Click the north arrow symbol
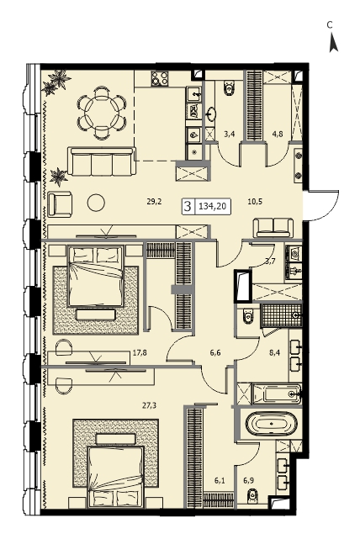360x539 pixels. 333,43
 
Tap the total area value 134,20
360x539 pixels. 212,207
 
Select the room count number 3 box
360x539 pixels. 188,207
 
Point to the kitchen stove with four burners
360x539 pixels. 160,79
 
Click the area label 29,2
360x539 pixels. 154,202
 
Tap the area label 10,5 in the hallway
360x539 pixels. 255,202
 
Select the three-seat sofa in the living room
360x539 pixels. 102,161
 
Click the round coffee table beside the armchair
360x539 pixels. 96,203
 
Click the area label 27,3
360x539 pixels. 149,405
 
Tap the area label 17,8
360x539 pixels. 140,351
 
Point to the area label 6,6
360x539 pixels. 214,351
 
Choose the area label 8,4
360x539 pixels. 273,351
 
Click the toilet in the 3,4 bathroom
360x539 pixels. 229,87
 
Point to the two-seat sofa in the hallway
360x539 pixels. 273,228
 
